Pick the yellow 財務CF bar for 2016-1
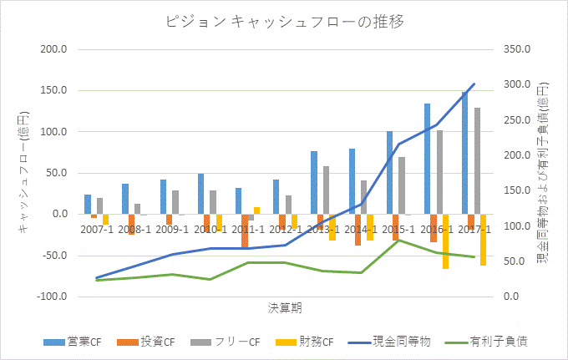tap(446, 241)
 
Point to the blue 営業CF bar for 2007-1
tap(88, 205)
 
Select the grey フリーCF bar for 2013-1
tap(326, 190)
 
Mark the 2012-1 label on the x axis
tap(286, 228)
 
